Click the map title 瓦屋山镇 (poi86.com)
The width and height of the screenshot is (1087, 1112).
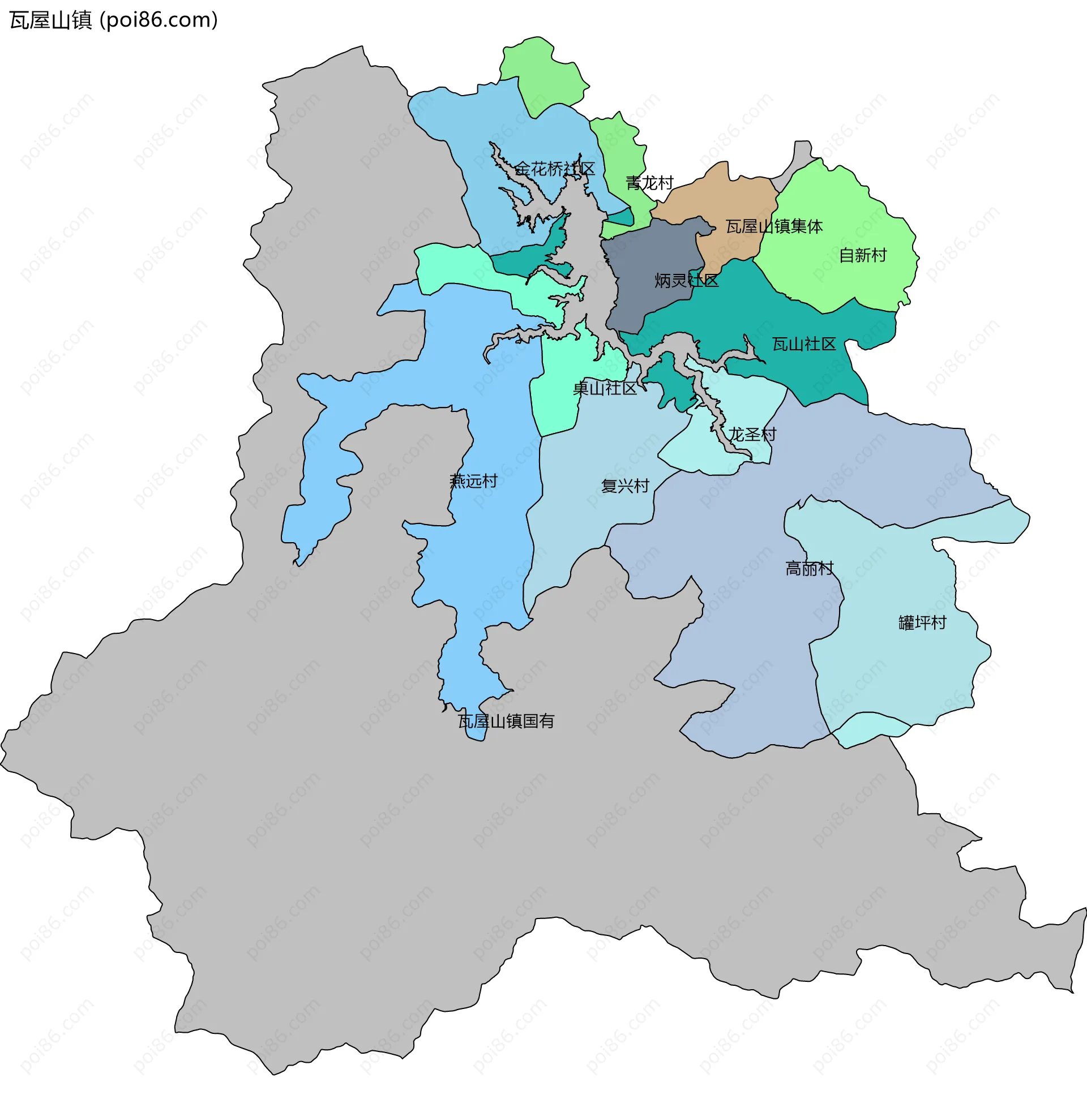[x=114, y=20]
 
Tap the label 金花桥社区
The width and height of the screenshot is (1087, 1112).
[x=554, y=169]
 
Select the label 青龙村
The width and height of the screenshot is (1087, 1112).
[x=649, y=183]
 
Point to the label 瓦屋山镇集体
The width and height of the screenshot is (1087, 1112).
[x=773, y=226]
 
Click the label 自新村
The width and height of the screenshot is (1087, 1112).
[x=862, y=255]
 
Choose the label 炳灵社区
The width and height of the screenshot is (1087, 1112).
[x=686, y=281]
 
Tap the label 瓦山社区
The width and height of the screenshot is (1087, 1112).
[x=803, y=344]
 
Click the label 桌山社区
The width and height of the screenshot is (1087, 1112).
[x=604, y=389]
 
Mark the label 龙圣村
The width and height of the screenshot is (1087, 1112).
[x=752, y=435]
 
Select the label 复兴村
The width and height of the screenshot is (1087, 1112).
[x=624, y=486]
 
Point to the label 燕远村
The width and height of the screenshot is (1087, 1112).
[x=473, y=481]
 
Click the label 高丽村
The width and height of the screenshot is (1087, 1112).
[x=809, y=569]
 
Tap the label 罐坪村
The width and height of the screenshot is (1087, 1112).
[x=922, y=622]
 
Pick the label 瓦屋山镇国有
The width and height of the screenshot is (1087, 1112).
[x=505, y=721]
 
